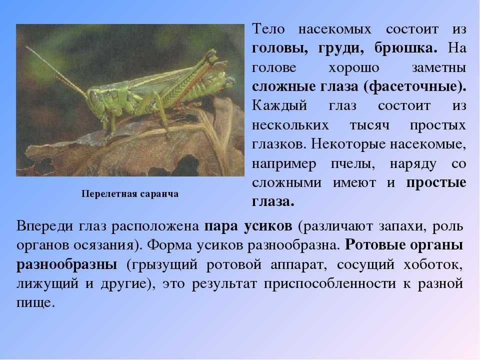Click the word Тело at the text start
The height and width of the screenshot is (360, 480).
(x=268, y=29)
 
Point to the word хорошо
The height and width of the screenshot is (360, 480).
(x=354, y=68)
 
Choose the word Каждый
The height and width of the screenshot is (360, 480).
(x=279, y=106)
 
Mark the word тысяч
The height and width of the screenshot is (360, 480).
(x=369, y=125)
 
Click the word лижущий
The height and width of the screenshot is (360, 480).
(x=47, y=284)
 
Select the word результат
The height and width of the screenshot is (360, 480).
(x=224, y=284)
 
